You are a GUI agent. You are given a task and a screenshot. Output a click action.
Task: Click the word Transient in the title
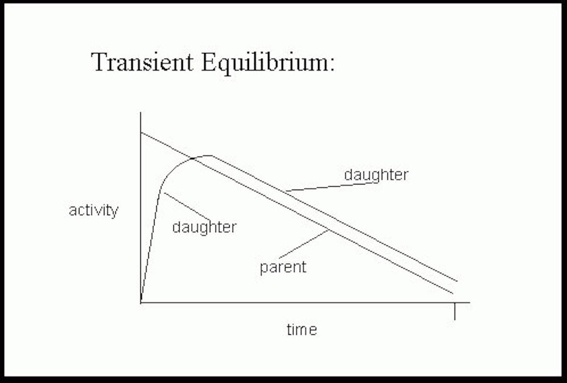(x=143, y=62)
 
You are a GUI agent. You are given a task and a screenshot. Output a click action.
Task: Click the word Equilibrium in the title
(x=263, y=63)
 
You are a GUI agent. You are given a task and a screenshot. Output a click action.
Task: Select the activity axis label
(x=94, y=211)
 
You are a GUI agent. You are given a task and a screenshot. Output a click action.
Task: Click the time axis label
(x=302, y=330)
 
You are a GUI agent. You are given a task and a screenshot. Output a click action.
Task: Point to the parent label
(x=283, y=268)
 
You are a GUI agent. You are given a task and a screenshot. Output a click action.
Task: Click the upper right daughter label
(x=376, y=175)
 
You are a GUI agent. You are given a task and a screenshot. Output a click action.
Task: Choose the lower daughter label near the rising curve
(x=204, y=227)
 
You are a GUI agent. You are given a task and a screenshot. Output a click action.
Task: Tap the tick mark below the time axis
(x=455, y=311)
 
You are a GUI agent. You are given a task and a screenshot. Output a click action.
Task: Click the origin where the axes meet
(x=141, y=303)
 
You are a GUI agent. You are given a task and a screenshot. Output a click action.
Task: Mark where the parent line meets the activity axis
(x=141, y=132)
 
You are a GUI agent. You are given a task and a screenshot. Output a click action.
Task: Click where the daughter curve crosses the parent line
(x=193, y=158)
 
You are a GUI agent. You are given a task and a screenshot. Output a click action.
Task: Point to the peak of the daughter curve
(x=210, y=155)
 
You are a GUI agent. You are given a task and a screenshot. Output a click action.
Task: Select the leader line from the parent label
(x=304, y=244)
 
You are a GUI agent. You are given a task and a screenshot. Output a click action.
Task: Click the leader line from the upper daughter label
(x=333, y=187)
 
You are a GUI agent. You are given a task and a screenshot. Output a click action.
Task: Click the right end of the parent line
(x=453, y=293)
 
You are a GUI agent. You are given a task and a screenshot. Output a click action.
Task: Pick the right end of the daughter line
(x=457, y=281)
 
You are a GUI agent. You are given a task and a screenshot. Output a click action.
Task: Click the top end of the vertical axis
(x=140, y=112)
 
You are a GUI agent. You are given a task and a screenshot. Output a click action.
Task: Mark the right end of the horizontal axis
(x=470, y=303)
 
